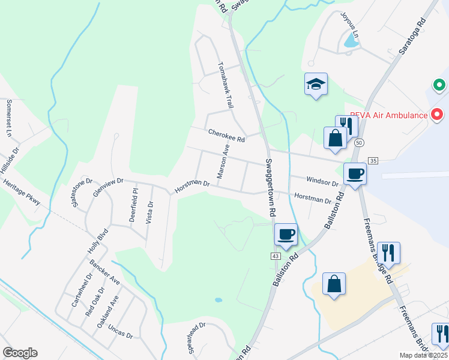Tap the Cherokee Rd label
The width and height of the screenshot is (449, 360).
[227, 136]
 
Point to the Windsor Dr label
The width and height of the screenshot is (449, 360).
[322, 180]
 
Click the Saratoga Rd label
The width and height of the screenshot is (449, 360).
[413, 37]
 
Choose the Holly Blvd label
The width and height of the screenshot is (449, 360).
[97, 241]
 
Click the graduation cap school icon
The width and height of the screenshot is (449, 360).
[315, 85]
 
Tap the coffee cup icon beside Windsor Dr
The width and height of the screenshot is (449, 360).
[355, 174]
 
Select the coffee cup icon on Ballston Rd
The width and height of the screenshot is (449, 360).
[286, 233]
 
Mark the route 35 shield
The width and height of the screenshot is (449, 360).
[373, 160]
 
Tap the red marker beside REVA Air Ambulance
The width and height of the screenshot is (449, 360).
[438, 113]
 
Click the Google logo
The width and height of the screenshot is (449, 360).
[20, 353]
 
